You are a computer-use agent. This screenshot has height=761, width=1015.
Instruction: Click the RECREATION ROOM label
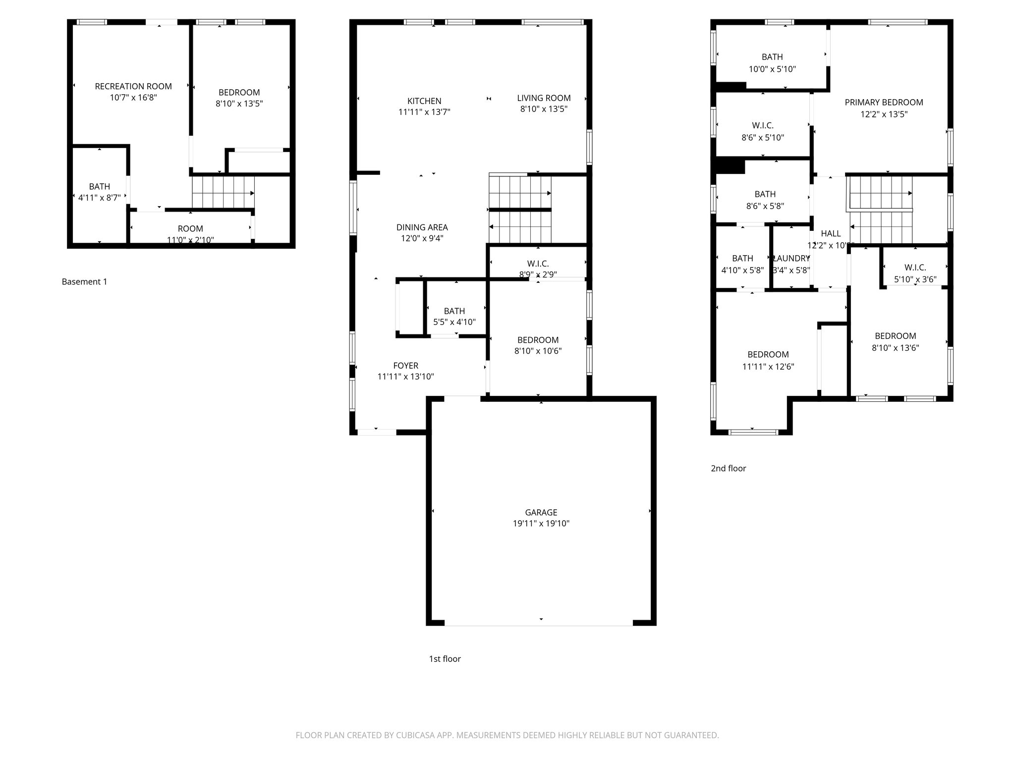pos(133,86)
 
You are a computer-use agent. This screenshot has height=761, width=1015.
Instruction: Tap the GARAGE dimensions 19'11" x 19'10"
pos(541,524)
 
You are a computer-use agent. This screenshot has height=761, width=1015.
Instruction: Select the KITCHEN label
pos(424,101)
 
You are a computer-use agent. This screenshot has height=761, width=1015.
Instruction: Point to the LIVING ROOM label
pos(544,98)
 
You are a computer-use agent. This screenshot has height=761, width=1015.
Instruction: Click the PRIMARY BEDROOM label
pos(884,103)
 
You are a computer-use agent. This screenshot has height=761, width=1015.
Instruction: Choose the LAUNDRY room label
pos(791,258)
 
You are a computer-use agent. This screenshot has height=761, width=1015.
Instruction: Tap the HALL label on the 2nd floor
pos(831,233)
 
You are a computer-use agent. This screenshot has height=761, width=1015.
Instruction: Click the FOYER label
pos(405,366)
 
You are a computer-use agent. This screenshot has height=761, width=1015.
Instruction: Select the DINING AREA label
pos(422,227)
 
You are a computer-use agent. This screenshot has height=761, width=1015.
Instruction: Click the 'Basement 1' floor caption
pos(84,282)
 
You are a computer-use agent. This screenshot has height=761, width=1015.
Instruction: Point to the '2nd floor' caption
pos(728,468)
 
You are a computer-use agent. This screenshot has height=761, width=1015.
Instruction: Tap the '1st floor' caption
pos(445,659)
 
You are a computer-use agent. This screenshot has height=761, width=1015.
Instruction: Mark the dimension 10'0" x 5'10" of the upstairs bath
pos(772,69)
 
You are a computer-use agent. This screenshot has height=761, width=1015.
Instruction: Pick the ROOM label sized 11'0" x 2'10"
pos(190,228)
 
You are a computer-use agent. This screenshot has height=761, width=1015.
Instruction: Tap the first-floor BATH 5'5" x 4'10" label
pos(454,311)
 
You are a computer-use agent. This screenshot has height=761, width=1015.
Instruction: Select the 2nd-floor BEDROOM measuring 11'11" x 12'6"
pos(768,355)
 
